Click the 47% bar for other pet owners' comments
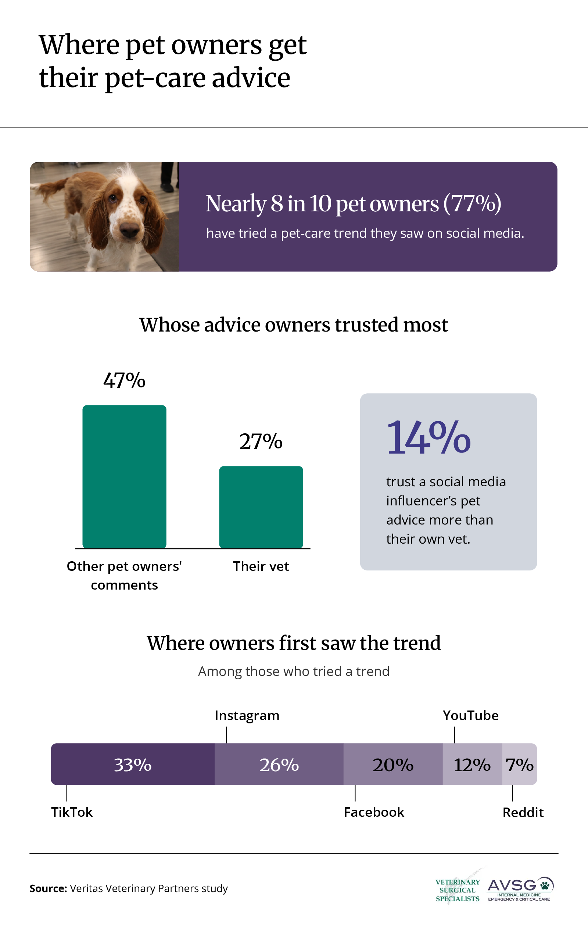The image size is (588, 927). pyautogui.click(x=124, y=477)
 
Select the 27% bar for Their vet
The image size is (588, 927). pyautogui.click(x=261, y=507)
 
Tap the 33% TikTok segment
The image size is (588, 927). pyautogui.click(x=133, y=764)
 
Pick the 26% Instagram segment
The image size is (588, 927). pyautogui.click(x=279, y=764)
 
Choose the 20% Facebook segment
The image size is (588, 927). pyautogui.click(x=393, y=764)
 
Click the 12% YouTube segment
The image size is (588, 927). pyautogui.click(x=473, y=764)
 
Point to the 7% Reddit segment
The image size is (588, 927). pyautogui.click(x=520, y=764)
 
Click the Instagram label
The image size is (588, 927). pyautogui.click(x=247, y=716)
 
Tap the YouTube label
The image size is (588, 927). pyautogui.click(x=471, y=715)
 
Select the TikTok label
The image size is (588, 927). pyautogui.click(x=72, y=812)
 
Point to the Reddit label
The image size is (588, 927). pyautogui.click(x=523, y=813)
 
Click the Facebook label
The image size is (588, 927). pyautogui.click(x=374, y=812)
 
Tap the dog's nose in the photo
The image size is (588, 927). pyautogui.click(x=129, y=230)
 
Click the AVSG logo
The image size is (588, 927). pyautogui.click(x=520, y=889)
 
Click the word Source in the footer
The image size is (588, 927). pyautogui.click(x=49, y=888)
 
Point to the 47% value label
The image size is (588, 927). pyautogui.click(x=124, y=380)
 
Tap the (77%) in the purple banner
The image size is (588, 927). pyautogui.click(x=472, y=204)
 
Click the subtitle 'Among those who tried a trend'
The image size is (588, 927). pyautogui.click(x=294, y=672)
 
